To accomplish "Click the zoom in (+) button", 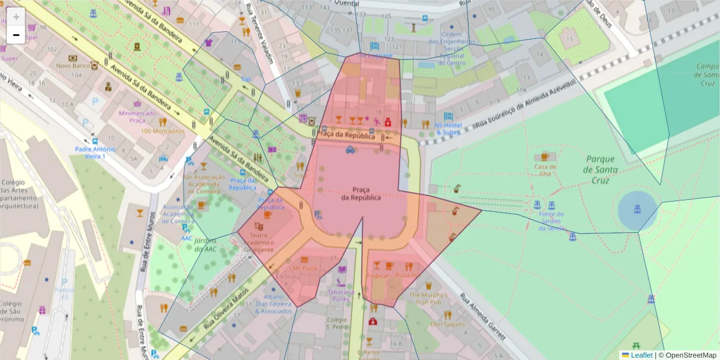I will (x=16, y=17).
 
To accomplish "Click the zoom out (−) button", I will (x=16, y=35).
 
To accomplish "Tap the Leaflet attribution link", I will (x=641, y=355).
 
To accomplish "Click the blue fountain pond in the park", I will (x=637, y=210).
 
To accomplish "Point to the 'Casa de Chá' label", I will (x=545, y=170).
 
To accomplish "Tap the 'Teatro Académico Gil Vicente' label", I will (x=258, y=242).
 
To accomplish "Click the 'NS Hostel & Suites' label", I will (x=448, y=128).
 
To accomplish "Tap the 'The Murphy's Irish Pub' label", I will (x=428, y=299).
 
